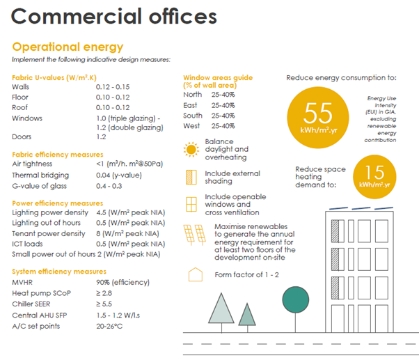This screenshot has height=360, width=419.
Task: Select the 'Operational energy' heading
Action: pyautogui.click(x=68, y=47)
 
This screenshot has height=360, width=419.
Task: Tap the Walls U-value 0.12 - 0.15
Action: pyautogui.click(x=113, y=87)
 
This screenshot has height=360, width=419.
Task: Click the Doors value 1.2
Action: pyautogui.click(x=102, y=137)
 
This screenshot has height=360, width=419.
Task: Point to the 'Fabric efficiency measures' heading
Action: pyautogui.click(x=58, y=154)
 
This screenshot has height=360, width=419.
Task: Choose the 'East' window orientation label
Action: pyautogui.click(x=191, y=105)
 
